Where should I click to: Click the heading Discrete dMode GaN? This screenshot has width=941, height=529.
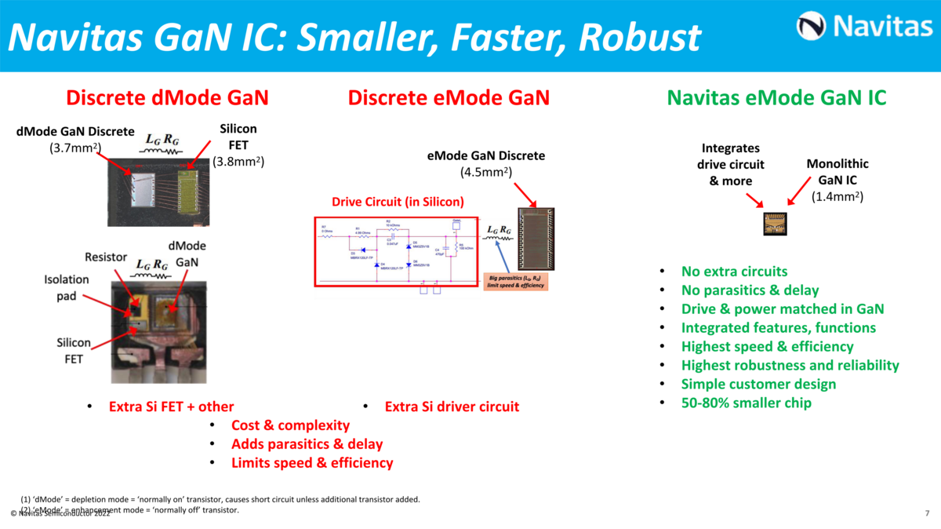[x=167, y=98]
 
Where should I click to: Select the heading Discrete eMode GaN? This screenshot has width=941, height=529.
[x=449, y=98]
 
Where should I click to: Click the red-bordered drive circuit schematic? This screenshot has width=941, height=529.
[x=396, y=251]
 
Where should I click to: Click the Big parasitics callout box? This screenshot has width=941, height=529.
[x=516, y=281]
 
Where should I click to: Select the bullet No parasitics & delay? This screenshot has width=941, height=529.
[x=750, y=290]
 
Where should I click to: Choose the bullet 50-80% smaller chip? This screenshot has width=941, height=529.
[x=746, y=403]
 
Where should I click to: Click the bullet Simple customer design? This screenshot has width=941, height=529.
[x=758, y=385]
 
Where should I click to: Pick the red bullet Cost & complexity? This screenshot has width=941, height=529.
[x=290, y=425]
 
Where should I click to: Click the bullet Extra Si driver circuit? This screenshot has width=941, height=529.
[x=452, y=407]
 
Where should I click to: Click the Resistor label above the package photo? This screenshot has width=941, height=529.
[x=105, y=257]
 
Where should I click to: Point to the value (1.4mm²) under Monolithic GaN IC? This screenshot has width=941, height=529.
[x=837, y=197]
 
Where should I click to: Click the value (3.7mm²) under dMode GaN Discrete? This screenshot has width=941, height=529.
[x=75, y=147]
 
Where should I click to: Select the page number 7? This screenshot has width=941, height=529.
[x=927, y=513]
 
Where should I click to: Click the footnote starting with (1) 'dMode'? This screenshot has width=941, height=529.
[x=220, y=499]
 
